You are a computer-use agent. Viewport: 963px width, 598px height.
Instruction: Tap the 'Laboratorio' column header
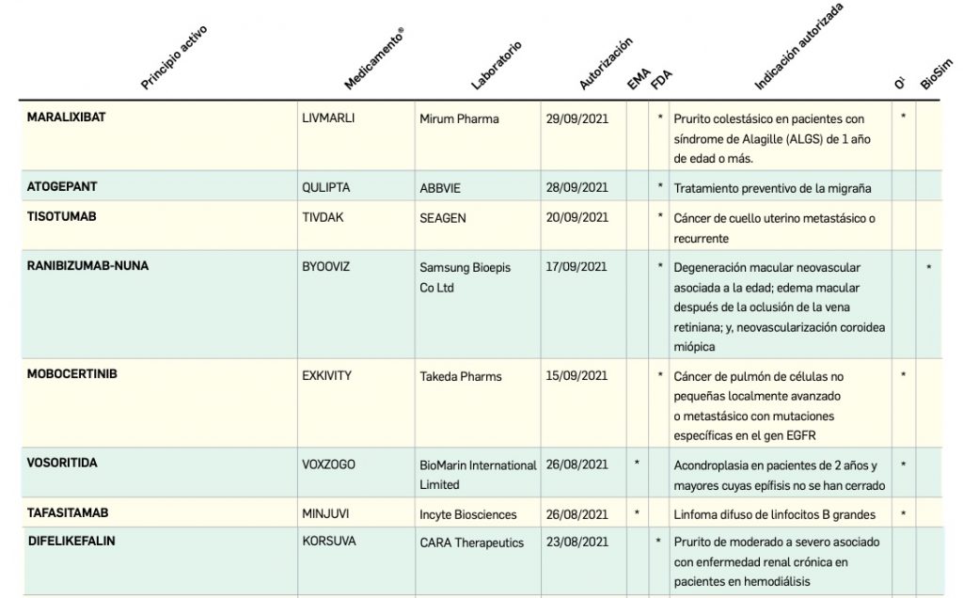(x=496, y=65)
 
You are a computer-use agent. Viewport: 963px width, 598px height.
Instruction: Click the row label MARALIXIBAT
(x=66, y=118)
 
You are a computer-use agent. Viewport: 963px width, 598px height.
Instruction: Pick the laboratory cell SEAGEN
(x=442, y=218)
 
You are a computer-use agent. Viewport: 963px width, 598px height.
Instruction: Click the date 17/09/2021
(x=576, y=267)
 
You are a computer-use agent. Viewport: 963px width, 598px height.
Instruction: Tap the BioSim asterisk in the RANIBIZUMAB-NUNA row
(x=929, y=268)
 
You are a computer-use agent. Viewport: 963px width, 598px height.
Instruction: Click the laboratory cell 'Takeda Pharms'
(x=461, y=376)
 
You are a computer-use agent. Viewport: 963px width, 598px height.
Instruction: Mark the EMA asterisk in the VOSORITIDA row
(x=638, y=464)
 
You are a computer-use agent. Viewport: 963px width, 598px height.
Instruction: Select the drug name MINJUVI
(x=324, y=513)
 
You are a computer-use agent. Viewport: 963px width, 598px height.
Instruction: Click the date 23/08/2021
(x=576, y=543)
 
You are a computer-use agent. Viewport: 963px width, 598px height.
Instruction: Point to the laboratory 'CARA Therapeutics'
(x=471, y=543)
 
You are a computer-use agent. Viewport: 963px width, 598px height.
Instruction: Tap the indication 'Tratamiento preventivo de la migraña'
(x=773, y=187)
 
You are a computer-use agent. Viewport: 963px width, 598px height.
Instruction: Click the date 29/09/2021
(x=576, y=119)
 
